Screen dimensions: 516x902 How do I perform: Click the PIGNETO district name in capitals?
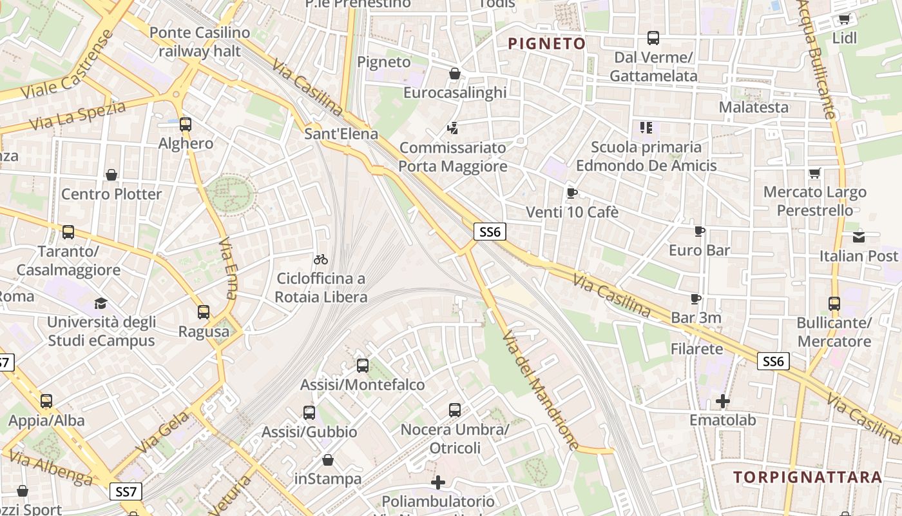tap(546, 44)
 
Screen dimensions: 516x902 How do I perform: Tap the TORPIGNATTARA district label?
tap(807, 477)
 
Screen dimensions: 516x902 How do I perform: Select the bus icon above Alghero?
tap(186, 124)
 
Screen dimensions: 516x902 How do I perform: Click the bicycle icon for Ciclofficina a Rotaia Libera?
tap(321, 259)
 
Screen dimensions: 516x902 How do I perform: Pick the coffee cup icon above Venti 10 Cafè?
tap(571, 193)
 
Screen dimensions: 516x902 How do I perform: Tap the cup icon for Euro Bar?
tap(700, 231)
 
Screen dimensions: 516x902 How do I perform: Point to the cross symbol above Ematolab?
tap(723, 401)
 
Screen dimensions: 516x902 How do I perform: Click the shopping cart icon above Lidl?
tap(844, 19)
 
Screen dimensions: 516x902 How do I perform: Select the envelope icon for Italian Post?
tap(859, 237)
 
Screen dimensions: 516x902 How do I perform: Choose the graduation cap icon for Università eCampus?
tap(101, 303)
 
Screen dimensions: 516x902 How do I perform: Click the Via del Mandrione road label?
tap(541, 391)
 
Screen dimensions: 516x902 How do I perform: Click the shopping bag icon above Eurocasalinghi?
tap(455, 74)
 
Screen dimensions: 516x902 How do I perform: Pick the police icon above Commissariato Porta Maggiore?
tap(453, 128)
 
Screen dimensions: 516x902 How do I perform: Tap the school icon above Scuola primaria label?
tap(646, 128)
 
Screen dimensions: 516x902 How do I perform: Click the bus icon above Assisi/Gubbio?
tap(309, 413)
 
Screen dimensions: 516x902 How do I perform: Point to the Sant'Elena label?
tap(341, 135)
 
